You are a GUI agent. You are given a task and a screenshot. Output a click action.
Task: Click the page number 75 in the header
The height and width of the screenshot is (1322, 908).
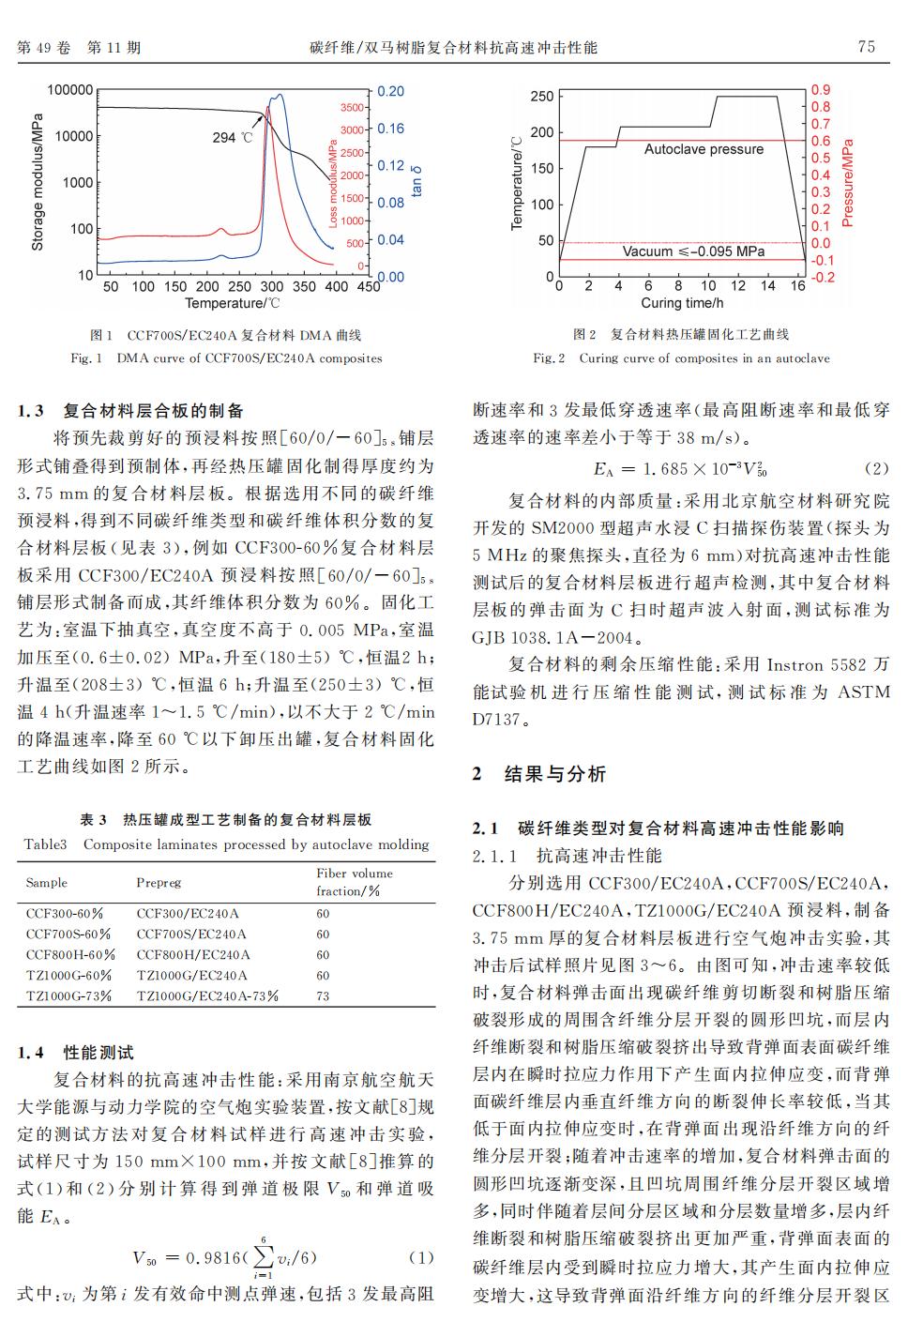pos(866,47)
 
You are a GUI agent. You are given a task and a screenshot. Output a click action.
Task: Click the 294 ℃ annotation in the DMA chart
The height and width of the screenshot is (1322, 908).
pos(233,138)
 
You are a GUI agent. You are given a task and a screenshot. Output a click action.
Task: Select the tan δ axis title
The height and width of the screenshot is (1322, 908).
pos(416,181)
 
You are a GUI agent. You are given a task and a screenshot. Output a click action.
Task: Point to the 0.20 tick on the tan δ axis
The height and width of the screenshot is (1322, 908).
pos(391,91)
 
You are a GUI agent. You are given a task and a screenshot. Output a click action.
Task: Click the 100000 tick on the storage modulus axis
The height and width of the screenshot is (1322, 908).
pos(70,90)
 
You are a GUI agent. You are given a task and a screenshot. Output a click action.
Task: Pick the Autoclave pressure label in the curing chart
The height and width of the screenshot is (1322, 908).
pos(704,149)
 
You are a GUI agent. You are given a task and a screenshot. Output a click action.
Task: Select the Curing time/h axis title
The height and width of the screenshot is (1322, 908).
pos(682,303)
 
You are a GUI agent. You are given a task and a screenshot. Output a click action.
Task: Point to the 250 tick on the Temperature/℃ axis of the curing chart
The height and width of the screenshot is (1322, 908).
pos(542,97)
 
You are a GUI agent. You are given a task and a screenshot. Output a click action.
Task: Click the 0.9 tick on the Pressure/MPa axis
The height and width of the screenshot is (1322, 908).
pos(821,90)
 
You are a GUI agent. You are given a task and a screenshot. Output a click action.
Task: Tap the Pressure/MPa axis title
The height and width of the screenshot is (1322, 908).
pos(848,184)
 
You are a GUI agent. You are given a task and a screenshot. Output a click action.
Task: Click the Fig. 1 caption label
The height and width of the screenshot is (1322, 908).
pos(86,358)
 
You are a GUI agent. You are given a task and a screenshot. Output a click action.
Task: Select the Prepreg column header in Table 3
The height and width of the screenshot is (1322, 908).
pos(159,883)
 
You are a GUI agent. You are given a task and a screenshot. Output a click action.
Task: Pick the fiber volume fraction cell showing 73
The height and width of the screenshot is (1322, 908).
pos(323,996)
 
